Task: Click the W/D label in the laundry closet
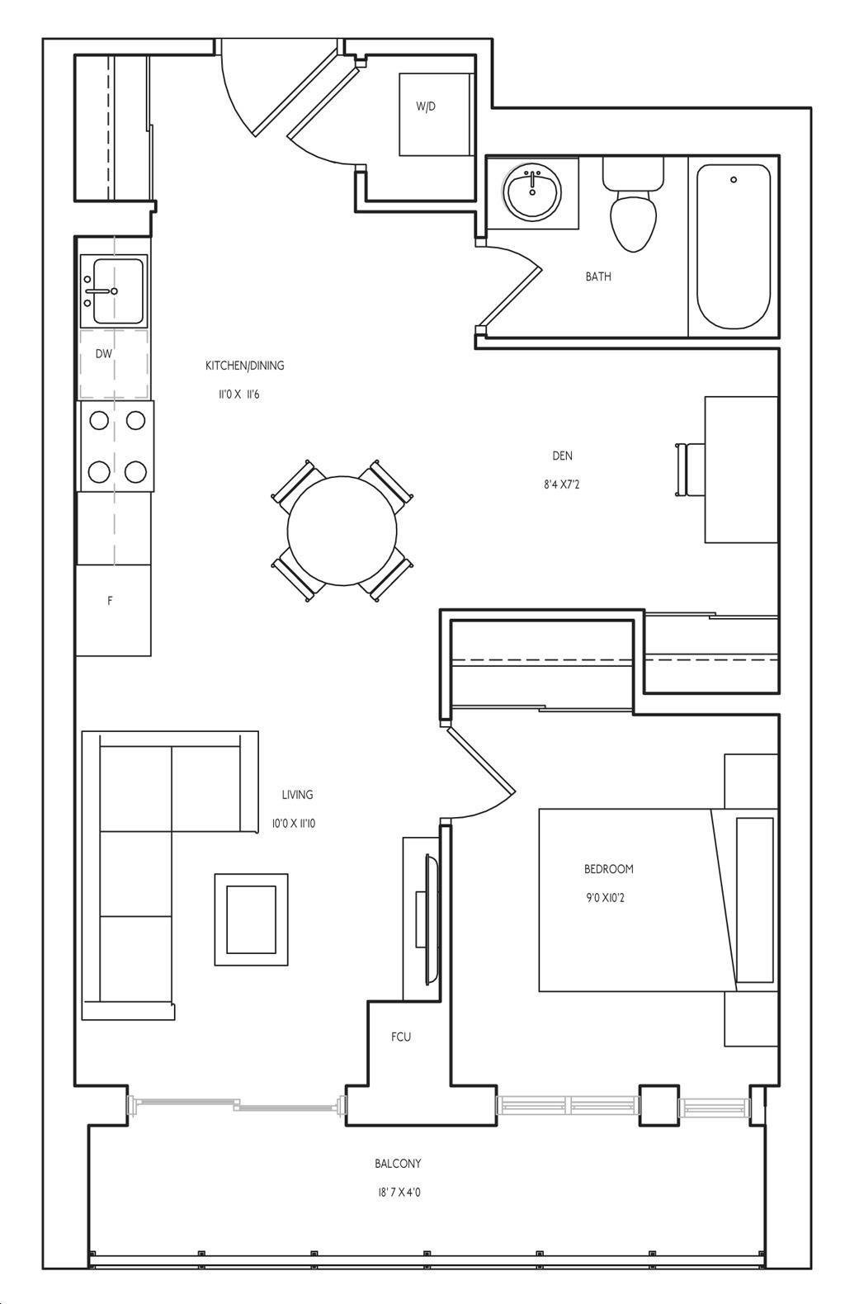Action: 426,106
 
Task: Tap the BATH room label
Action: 598,276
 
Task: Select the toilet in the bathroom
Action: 633,204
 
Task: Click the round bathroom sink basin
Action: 532,191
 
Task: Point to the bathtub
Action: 734,247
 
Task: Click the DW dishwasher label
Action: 104,353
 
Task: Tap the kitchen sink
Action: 114,291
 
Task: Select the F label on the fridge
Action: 110,601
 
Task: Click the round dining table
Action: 342,531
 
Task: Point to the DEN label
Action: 562,456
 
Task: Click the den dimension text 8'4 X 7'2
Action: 562,484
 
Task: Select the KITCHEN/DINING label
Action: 244,366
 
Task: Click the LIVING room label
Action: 297,795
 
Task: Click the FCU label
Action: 401,1037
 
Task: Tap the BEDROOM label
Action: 609,869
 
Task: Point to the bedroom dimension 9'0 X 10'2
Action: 605,898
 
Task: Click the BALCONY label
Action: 398,1164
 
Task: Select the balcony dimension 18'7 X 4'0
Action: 399,1193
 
